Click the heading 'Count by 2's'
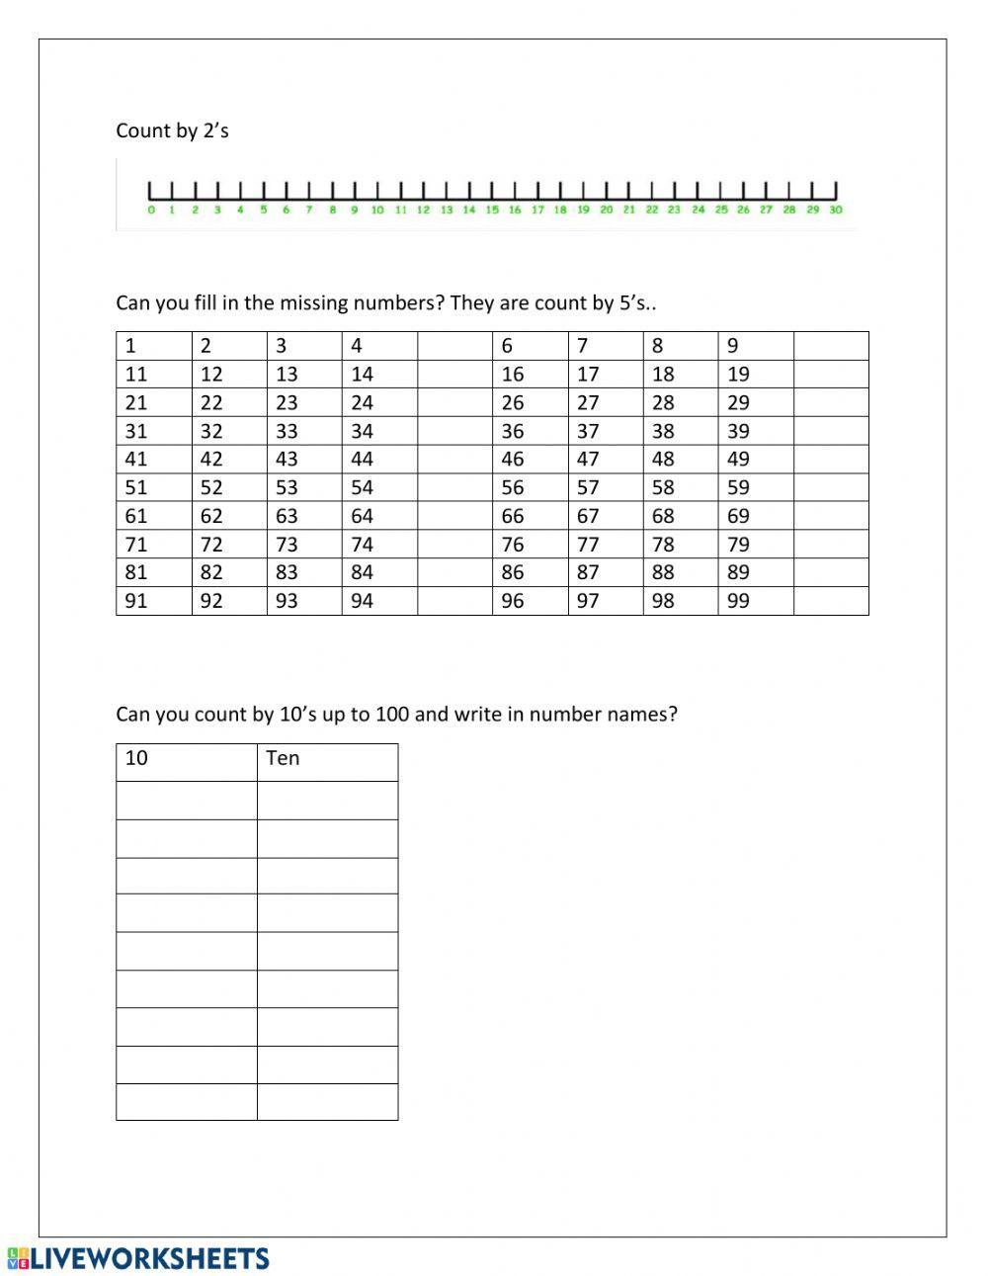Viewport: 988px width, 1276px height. (x=172, y=130)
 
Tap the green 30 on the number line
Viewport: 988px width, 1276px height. (x=836, y=210)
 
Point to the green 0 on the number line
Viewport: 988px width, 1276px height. (x=150, y=210)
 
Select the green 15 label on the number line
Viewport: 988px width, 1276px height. (x=492, y=210)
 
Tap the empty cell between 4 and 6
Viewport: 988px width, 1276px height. (x=454, y=346)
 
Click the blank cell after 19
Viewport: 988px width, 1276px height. (x=831, y=374)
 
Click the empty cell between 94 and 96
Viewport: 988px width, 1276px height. (x=454, y=600)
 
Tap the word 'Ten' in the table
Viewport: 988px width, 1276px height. (x=283, y=758)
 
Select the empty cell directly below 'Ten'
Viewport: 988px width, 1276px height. (x=327, y=801)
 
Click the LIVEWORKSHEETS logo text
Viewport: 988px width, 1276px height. (x=148, y=1258)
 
